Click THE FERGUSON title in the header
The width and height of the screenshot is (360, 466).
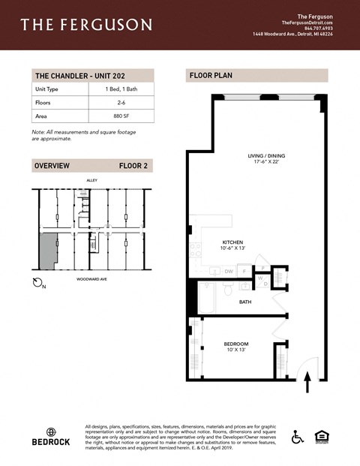point(85,25)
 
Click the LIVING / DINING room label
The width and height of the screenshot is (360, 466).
point(267,156)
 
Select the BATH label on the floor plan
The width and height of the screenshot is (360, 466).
point(245,302)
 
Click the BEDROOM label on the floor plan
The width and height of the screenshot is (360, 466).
point(236,344)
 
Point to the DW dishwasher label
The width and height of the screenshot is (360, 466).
point(229,271)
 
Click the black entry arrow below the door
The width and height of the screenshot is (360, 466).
point(307,384)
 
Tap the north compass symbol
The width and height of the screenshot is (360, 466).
point(40,283)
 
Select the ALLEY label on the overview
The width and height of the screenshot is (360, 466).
point(91,181)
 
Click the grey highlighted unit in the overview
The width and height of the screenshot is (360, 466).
point(46,252)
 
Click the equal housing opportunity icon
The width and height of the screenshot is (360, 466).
point(319,436)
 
